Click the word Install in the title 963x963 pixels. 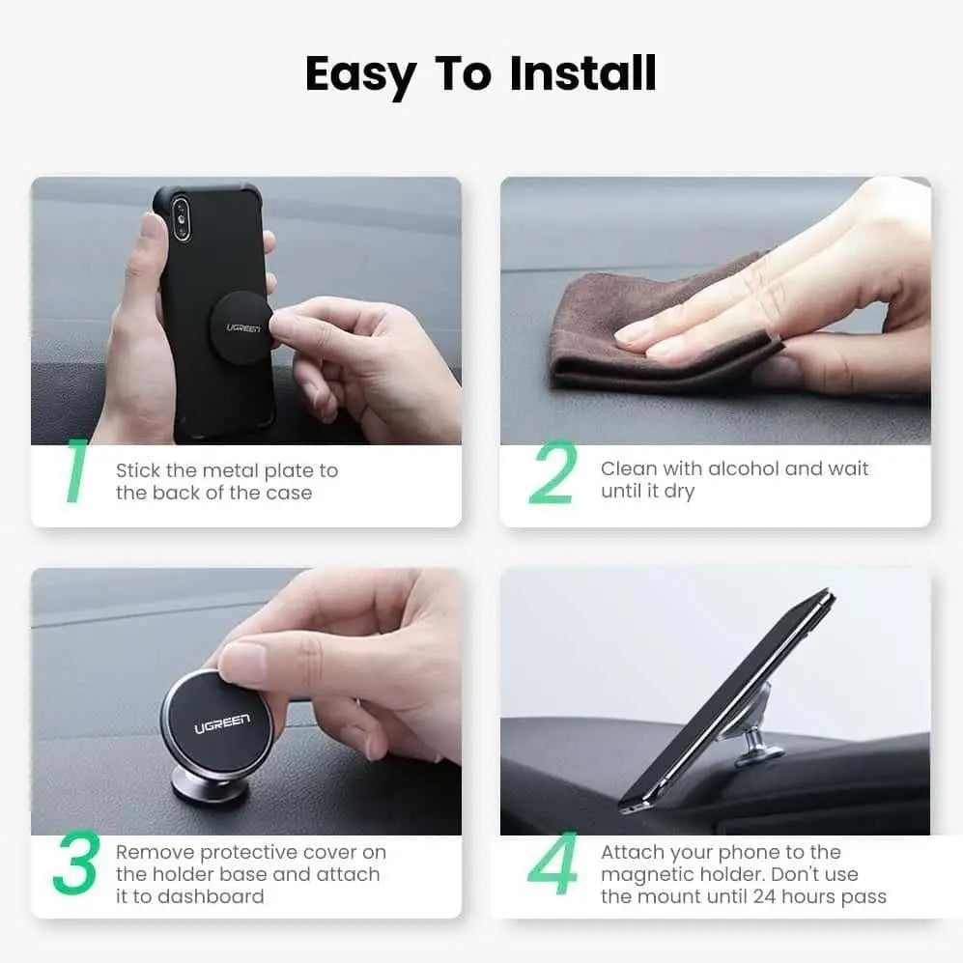click(x=583, y=74)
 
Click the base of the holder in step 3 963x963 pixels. click(x=209, y=785)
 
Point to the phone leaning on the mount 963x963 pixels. click(x=724, y=700)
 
